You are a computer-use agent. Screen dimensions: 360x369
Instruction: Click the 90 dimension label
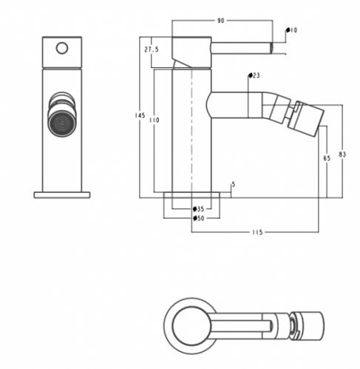pos(220,21)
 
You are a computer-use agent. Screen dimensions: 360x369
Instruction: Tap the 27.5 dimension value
pos(152,50)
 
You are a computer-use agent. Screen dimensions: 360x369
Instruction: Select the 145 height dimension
pos(140,115)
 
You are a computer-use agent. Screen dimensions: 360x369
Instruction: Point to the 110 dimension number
pos(154,120)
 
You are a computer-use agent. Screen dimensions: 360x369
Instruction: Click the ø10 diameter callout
pos(291,30)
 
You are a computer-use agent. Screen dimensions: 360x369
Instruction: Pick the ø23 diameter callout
pos(254,75)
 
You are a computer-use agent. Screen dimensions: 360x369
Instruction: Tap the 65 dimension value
pos(327,158)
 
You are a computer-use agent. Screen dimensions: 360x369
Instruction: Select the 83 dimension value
pos(342,155)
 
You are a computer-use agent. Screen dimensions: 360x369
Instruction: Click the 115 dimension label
pos(257,232)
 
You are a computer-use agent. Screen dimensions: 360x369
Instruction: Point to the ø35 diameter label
pos(199,209)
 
